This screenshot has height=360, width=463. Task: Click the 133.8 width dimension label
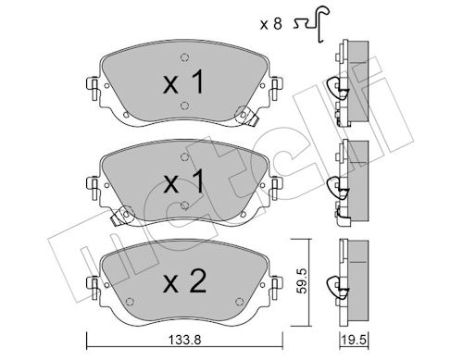pyautogui.click(x=185, y=340)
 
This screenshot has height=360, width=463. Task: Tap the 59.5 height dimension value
pyautogui.click(x=302, y=280)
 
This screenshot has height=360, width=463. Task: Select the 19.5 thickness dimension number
pyautogui.click(x=354, y=341)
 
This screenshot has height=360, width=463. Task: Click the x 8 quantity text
pyautogui.click(x=271, y=24)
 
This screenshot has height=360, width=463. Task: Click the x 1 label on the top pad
pyautogui.click(x=183, y=81)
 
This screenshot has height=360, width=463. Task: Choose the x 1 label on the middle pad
pyautogui.click(x=183, y=181)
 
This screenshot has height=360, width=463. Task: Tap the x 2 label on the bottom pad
pyautogui.click(x=184, y=281)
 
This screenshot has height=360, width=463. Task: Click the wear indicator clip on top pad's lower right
pyautogui.click(x=246, y=117)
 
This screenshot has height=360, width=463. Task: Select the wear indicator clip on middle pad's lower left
pyautogui.click(x=122, y=216)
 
